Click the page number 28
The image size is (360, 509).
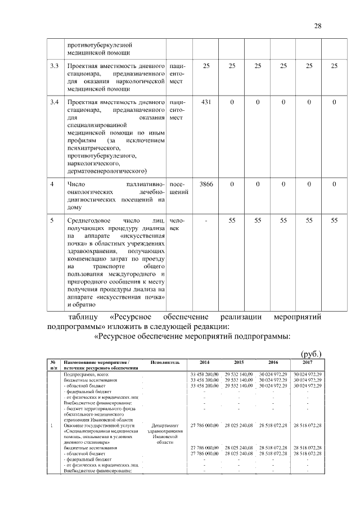click(318, 26)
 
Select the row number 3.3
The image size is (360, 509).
click(55, 66)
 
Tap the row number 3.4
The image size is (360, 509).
click(55, 102)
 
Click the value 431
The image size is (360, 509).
click(206, 102)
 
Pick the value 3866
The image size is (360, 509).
click(206, 184)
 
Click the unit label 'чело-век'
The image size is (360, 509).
click(177, 224)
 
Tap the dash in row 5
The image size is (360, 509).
click(206, 220)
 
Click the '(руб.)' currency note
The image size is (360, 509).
click(310, 353)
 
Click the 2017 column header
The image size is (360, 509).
click(307, 362)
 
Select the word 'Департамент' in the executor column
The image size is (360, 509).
click(165, 426)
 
